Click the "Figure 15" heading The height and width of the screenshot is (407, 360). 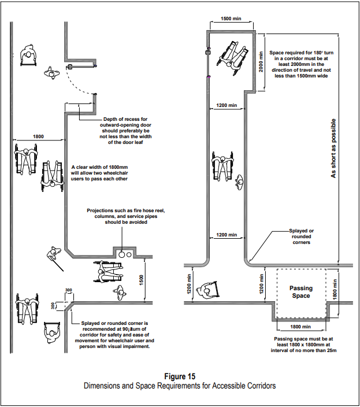click(x=180, y=376)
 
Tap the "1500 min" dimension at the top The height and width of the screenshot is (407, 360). click(x=231, y=18)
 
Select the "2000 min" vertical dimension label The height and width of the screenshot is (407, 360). click(x=261, y=62)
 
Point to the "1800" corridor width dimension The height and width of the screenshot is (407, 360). click(x=38, y=136)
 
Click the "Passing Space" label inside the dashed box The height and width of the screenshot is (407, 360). click(x=301, y=292)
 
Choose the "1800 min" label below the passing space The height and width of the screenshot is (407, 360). click(x=300, y=327)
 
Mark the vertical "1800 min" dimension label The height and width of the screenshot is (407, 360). click(x=335, y=290)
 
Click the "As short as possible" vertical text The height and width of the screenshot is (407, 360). click(x=333, y=148)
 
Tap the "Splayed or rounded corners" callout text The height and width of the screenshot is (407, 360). click(x=302, y=236)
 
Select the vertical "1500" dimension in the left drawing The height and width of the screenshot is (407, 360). click(x=142, y=280)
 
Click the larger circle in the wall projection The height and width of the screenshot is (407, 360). click(x=122, y=254)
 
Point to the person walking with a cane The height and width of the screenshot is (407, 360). click(x=54, y=257)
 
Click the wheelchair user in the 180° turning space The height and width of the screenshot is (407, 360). click(x=233, y=58)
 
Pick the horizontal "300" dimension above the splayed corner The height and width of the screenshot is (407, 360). click(x=68, y=290)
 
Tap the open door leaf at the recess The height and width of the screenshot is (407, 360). click(x=81, y=66)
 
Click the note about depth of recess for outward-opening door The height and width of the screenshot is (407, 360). click(x=125, y=131)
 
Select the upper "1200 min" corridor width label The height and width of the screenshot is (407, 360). click(x=227, y=105)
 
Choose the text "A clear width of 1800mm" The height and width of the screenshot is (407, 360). click(x=99, y=167)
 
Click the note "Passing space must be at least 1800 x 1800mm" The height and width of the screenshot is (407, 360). click(x=303, y=345)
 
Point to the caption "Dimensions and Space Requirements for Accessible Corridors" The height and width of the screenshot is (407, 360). click(x=180, y=386)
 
